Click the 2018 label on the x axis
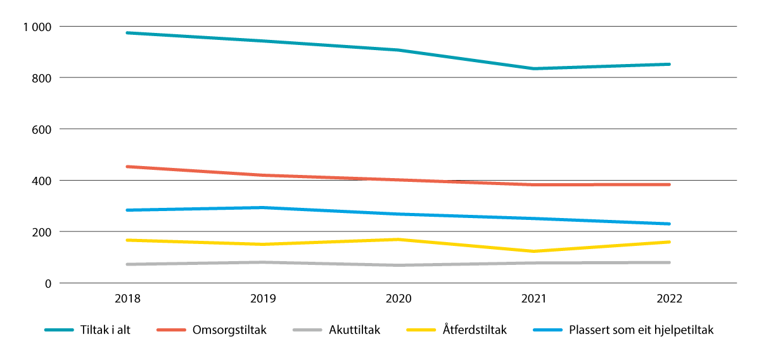coord(127,299)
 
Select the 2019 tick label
coord(263,299)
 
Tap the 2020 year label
coord(399,299)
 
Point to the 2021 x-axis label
coord(534,299)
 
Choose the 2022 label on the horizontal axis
coord(670,299)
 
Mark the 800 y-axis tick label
coord(43,78)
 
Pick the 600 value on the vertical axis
coord(43,129)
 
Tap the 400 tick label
coord(43,181)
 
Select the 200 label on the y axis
coord(43,232)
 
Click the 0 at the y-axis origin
coord(49,283)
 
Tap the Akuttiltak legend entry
coord(354,330)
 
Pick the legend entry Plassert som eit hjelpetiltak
coord(641,330)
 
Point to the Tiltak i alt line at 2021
coord(534,68)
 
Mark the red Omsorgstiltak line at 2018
coord(127,167)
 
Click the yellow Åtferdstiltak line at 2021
coord(534,252)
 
